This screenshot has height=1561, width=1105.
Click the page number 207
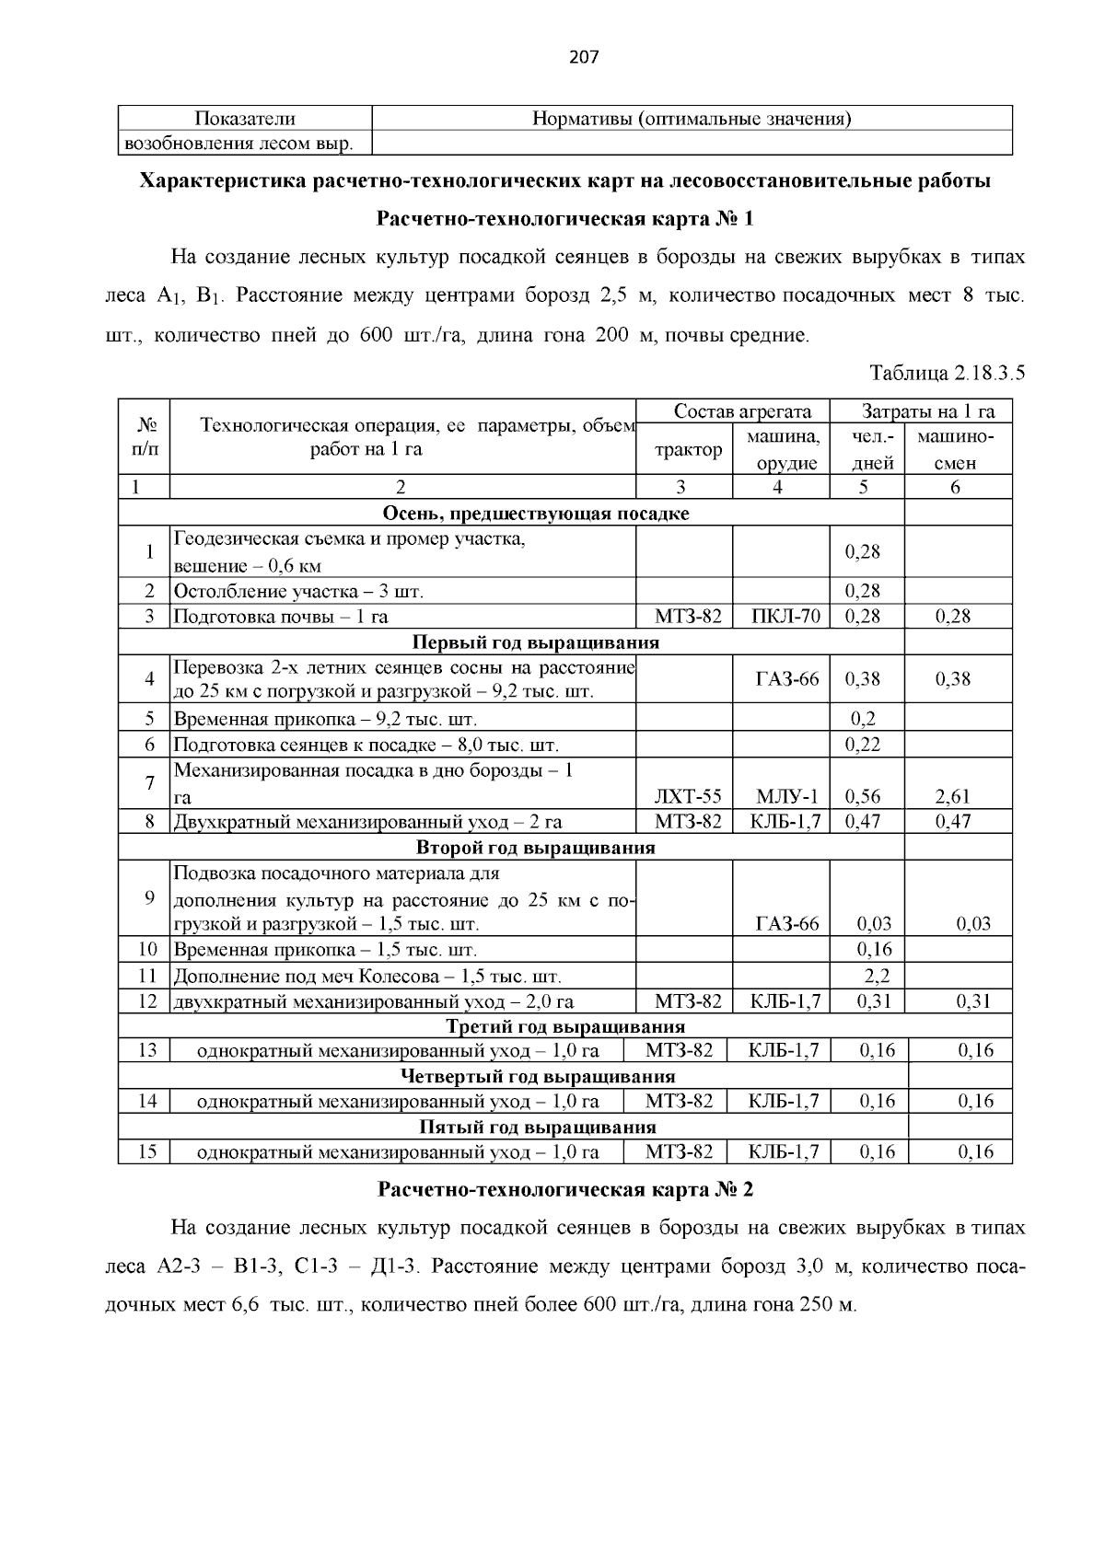click(584, 57)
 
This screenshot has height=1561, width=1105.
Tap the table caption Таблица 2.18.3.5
click(948, 374)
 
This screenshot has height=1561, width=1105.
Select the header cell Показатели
click(245, 119)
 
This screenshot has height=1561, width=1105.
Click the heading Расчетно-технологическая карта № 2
click(565, 1189)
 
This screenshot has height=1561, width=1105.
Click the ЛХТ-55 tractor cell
click(688, 796)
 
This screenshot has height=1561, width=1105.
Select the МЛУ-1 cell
click(785, 796)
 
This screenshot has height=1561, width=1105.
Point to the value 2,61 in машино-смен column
click(953, 796)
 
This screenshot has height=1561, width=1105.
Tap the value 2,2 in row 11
click(876, 976)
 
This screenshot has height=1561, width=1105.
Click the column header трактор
click(688, 450)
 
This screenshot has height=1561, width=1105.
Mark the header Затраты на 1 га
click(921, 411)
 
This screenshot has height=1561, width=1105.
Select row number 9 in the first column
click(148, 897)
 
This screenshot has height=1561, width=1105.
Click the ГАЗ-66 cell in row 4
click(785, 679)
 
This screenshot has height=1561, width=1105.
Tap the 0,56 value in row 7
click(862, 796)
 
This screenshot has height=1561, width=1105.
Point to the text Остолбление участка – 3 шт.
click(298, 591)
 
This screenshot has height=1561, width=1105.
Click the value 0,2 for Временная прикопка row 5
click(862, 719)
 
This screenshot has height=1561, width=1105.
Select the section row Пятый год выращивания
click(538, 1127)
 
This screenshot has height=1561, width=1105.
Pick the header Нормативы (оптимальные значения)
click(692, 119)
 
